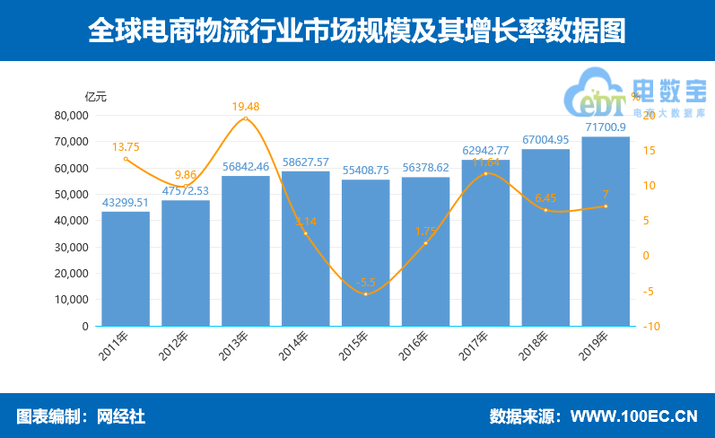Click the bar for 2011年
pos(126,268)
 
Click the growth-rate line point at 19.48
pos(245,118)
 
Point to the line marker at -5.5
pos(365,294)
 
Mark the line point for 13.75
pos(126,159)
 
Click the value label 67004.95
pos(545,140)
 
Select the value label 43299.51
pos(126,203)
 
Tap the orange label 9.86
pos(185,174)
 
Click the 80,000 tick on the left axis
pos(71,116)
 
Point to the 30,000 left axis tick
pos(71,247)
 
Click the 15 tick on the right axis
pos(648,151)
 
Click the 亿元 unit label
pos(96,96)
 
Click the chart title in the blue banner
pos(357,31)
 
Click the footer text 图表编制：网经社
pos(81,416)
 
